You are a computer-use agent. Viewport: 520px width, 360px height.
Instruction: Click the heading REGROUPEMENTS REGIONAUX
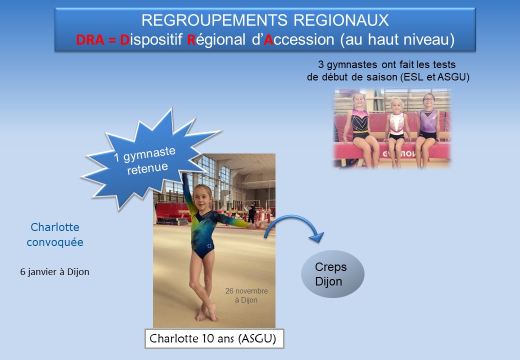[265, 20]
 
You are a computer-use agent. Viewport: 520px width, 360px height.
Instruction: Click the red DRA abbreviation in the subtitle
[90, 40]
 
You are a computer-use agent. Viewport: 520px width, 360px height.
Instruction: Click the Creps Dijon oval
[332, 274]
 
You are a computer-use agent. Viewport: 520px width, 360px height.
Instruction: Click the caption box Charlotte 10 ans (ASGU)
[214, 339]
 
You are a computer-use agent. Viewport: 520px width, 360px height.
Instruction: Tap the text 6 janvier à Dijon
[54, 272]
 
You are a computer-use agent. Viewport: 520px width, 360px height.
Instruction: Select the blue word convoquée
[54, 242]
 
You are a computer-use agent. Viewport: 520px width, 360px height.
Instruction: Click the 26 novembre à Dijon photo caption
[246, 295]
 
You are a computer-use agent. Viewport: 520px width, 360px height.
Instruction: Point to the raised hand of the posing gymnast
[184, 175]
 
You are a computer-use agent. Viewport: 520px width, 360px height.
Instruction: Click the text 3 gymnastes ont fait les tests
[386, 64]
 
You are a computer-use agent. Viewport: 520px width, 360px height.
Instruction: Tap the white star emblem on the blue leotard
[209, 246]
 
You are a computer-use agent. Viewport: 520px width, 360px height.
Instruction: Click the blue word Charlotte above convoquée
[55, 227]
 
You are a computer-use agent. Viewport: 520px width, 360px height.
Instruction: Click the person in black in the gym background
[251, 212]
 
